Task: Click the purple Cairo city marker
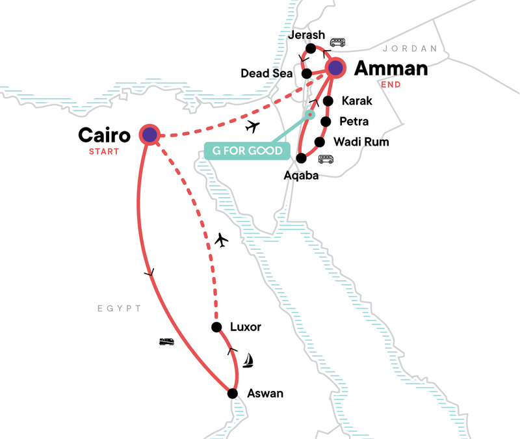click(x=150, y=135)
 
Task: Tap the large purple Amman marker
click(x=335, y=68)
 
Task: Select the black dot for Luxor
click(x=216, y=327)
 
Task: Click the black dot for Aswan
click(x=231, y=393)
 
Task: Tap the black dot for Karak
click(x=328, y=101)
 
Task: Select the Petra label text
click(x=354, y=122)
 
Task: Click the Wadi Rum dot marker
click(x=319, y=142)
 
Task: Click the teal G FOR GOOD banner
click(x=246, y=152)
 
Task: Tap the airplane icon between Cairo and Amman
click(x=254, y=126)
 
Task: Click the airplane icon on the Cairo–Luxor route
click(x=221, y=241)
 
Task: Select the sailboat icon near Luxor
click(x=248, y=361)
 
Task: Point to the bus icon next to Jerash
click(x=337, y=42)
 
